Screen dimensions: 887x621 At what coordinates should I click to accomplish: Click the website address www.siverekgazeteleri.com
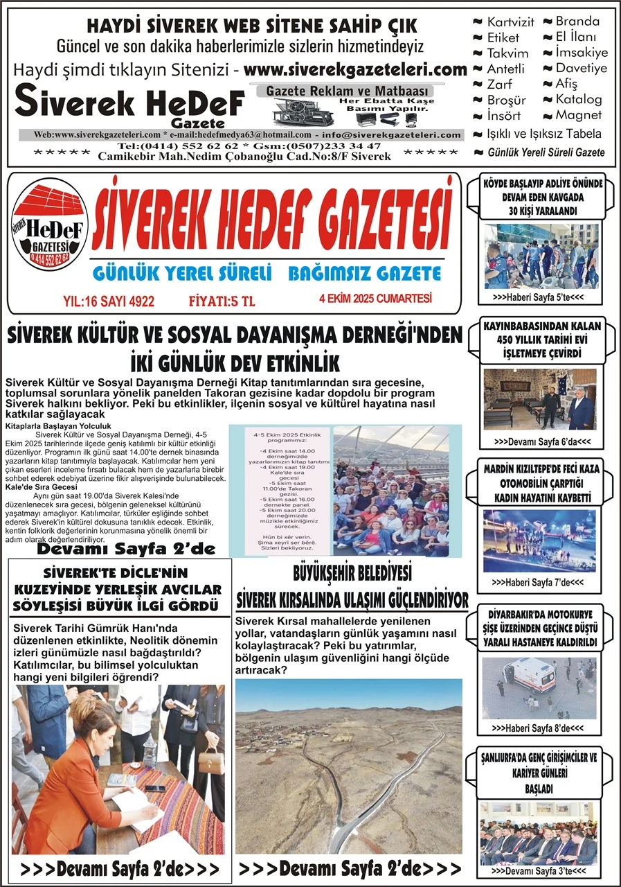(x=355, y=69)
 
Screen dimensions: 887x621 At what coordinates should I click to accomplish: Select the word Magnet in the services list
(x=578, y=115)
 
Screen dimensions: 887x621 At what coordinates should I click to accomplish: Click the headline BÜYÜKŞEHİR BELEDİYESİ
(x=352, y=574)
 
